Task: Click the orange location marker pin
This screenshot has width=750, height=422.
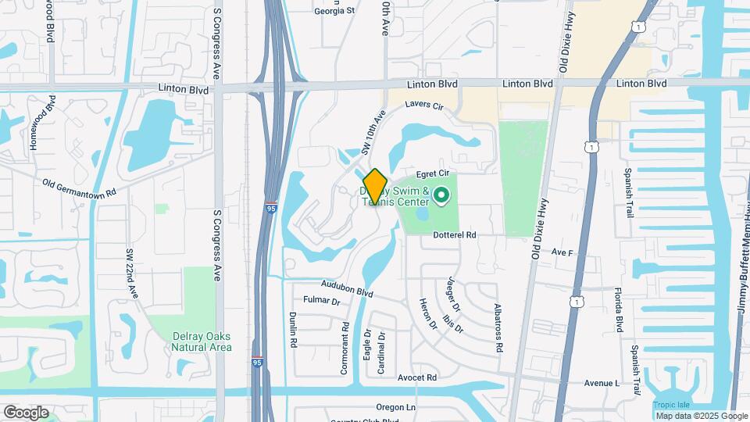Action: point(376,186)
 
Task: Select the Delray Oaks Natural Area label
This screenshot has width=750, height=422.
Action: point(202,342)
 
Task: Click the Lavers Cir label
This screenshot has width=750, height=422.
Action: point(424,105)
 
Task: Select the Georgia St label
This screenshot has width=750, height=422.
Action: point(334,11)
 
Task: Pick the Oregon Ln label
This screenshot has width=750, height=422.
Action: point(396,407)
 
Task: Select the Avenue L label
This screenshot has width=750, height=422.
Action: point(601,383)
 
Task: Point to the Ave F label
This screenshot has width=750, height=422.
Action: point(562,252)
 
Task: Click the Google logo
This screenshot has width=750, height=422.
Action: point(26,412)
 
